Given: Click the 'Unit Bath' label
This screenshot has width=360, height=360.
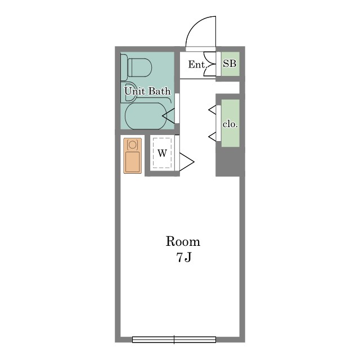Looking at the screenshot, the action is coord(147,91).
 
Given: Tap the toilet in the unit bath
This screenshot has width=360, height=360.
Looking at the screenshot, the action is coord(136,67).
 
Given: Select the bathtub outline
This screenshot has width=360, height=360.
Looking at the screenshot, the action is coord(146,116).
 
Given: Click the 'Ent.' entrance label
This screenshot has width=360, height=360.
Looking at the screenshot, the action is coord(197,65).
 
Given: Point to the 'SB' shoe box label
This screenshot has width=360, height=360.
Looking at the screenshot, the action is coord(230,64).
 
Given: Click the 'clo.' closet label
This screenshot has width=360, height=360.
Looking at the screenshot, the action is coord(230,124).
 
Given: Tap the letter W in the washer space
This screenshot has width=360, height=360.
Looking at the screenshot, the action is coord(163,153).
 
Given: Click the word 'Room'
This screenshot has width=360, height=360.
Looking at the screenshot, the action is coord(183,241).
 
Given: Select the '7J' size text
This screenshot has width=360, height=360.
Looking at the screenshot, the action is coord(184,258).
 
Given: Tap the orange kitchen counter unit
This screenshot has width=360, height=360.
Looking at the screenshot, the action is coord(133,156).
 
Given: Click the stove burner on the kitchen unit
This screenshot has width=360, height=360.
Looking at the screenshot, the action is coord(133,145).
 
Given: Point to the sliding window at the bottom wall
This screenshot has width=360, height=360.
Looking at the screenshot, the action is coord(174,339).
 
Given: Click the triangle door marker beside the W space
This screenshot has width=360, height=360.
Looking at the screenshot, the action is coord(187,162).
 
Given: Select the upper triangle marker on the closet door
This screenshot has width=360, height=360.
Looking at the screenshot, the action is coord(213,110).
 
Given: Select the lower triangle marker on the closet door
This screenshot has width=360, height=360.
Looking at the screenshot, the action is coord(213,137).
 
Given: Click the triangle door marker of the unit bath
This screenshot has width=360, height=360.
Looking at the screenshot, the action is coord(169,116).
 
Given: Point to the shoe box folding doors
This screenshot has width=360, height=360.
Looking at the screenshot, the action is coord(210,64).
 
